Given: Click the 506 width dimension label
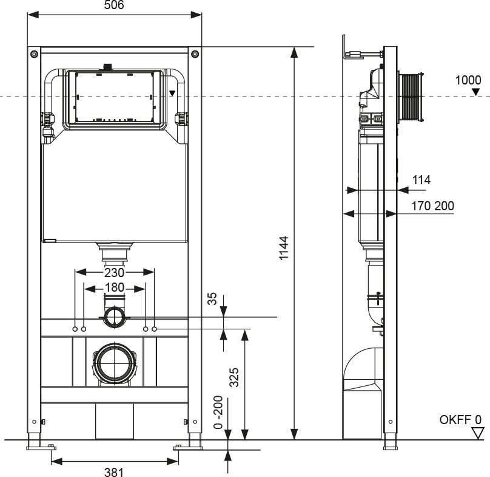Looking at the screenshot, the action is [114, 5].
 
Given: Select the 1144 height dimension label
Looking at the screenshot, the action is [284, 248].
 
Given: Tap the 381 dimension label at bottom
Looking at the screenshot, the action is [114, 472].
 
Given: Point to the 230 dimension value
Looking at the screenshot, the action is [114, 273].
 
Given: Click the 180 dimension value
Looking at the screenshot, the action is [115, 287].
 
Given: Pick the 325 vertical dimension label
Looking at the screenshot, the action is [234, 377].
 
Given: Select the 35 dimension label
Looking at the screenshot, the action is [212, 298].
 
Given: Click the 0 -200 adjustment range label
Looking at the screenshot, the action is [218, 412].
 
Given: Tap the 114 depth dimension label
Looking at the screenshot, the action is [421, 180].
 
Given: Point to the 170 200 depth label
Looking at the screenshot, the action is [432, 206].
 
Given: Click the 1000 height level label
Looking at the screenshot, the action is [468, 80].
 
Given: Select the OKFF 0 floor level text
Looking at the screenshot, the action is [460, 419].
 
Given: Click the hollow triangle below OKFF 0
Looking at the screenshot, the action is [477, 433].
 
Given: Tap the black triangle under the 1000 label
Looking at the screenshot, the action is [475, 92].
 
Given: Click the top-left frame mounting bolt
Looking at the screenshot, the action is [34, 53].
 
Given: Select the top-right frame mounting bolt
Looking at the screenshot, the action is [195, 53].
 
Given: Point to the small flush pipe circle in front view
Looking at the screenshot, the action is [115, 317].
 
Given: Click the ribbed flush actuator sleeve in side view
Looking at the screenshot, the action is [411, 97].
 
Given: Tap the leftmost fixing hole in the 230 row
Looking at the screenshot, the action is [75, 329].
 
